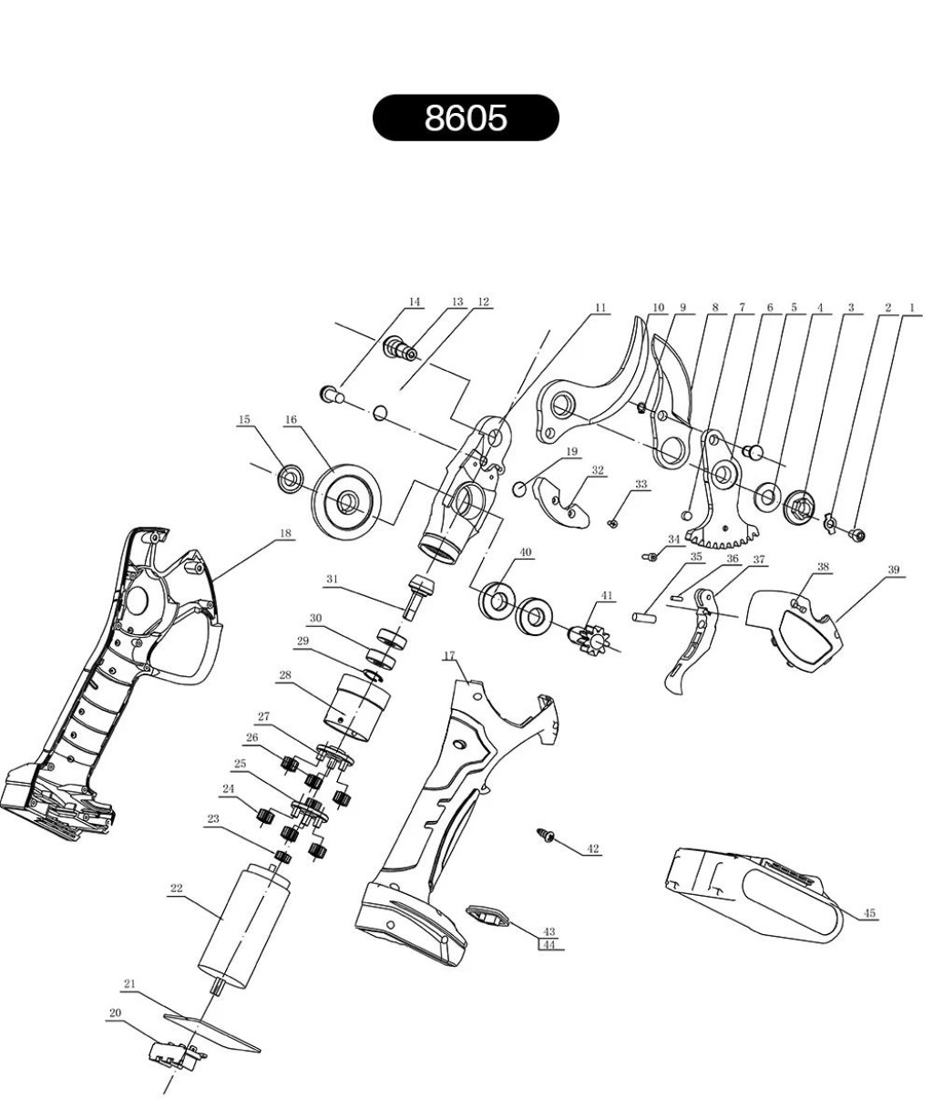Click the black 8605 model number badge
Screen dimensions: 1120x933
466,118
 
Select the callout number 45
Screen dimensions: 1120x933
869,913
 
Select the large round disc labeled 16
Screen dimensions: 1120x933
349,499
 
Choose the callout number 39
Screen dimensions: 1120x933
894,570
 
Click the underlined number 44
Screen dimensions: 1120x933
549,945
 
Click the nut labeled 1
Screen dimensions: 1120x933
857,533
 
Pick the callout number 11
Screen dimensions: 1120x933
600,309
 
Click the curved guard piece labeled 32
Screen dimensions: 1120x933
561,503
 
